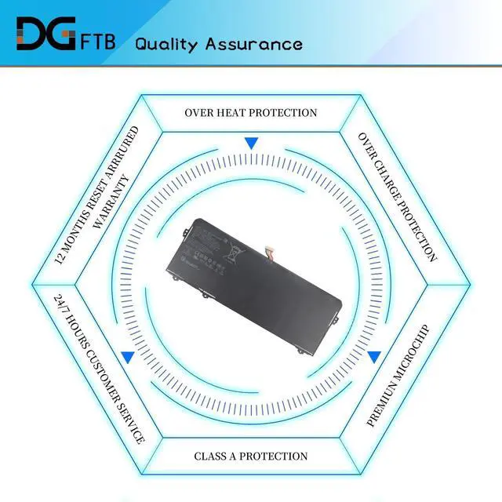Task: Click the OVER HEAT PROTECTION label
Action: [251, 113]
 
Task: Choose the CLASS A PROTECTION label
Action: [251, 456]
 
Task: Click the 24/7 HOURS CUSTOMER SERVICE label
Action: [99, 368]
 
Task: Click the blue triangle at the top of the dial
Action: [251, 144]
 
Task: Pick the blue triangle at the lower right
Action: [374, 357]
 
